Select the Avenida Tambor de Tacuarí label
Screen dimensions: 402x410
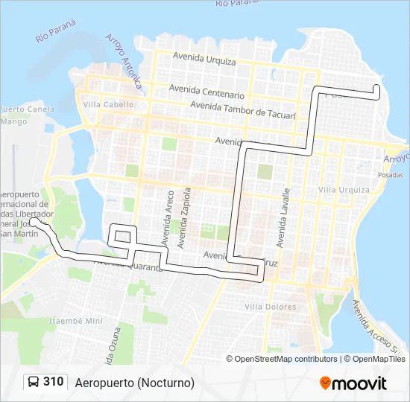pos(243,109)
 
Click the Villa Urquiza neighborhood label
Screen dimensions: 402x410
pos(344,190)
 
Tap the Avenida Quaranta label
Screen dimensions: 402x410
pos(127,263)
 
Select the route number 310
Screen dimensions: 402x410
pos(54,382)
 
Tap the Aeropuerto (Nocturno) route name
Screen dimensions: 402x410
pos(135,383)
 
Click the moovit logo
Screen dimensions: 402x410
pos(353,383)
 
